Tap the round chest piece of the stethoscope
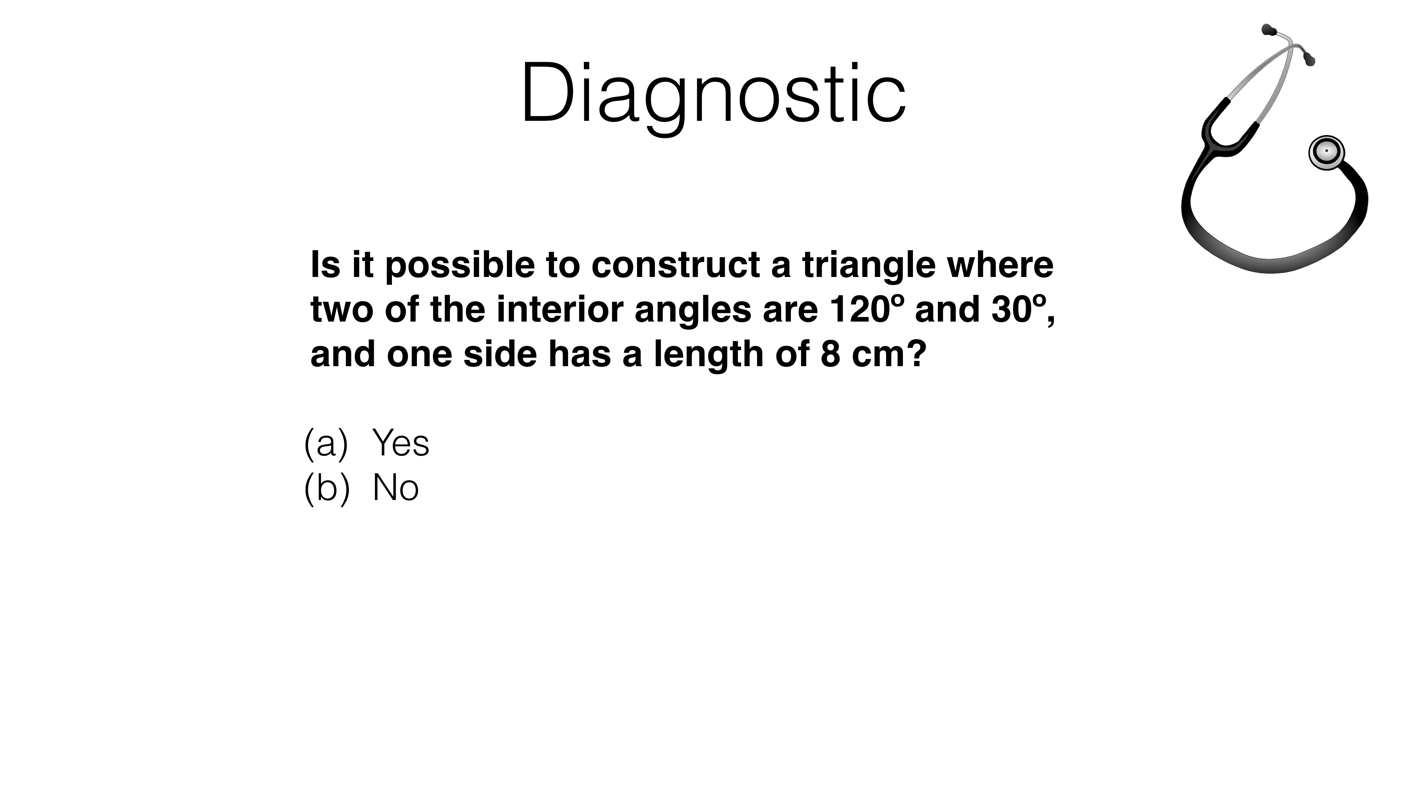[1326, 152]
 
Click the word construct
[676, 265]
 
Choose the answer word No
[395, 488]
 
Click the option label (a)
[327, 444]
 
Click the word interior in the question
[560, 309]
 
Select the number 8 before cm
[830, 354]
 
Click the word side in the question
[500, 354]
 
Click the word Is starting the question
[325, 265]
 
